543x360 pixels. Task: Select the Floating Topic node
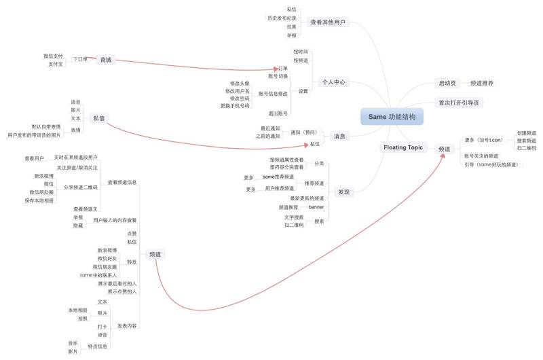(403, 147)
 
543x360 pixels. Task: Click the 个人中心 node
(333, 82)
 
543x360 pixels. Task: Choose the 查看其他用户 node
(328, 22)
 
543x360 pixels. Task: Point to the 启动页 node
(447, 83)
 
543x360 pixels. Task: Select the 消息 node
(339, 137)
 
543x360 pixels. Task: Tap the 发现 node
(343, 192)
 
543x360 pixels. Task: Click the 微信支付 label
(53, 56)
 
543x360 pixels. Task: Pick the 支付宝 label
(55, 64)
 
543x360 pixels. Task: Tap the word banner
(316, 206)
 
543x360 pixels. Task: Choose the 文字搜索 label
(294, 217)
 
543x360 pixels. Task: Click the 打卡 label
(102, 327)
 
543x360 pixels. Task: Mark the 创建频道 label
(526, 133)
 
